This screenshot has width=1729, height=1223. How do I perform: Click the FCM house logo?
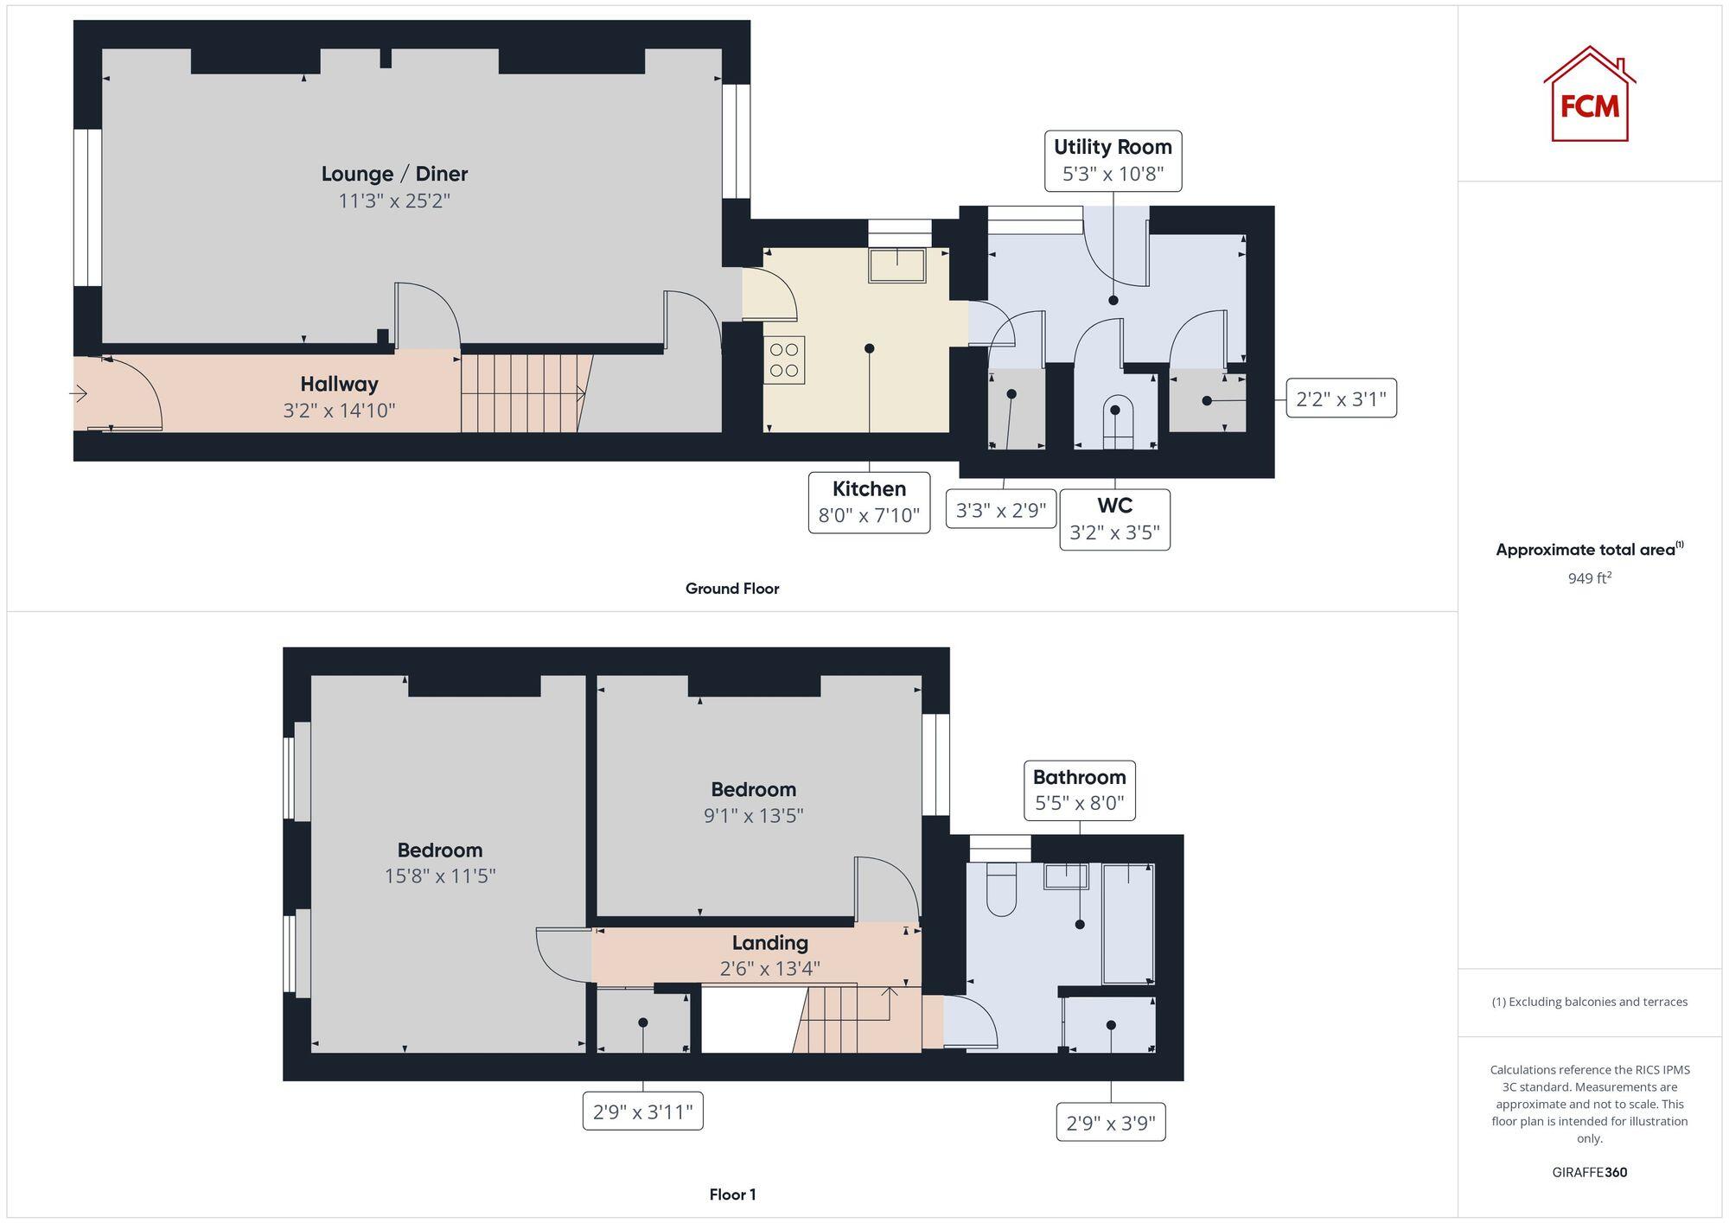[x=1589, y=95]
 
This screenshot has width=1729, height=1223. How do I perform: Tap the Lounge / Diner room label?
[x=394, y=174]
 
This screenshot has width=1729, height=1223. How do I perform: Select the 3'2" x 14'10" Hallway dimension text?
[x=339, y=411]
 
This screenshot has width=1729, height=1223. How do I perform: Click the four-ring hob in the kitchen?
[x=784, y=360]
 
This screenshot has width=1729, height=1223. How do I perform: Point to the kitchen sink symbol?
[x=897, y=264]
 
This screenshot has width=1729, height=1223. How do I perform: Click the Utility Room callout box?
[x=1113, y=161]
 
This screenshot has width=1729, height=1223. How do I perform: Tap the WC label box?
[x=1114, y=519]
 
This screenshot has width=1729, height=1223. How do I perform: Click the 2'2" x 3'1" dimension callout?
[x=1341, y=398]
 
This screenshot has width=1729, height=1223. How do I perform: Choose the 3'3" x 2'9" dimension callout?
[x=1001, y=510]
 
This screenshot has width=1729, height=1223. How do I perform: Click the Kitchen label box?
[x=869, y=502]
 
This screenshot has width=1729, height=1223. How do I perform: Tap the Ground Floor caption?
[x=732, y=589]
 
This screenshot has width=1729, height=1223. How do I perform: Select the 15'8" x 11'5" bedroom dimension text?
[x=440, y=876]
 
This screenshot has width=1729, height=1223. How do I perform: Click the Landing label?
[x=769, y=943]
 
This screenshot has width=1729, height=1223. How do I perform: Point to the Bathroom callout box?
[x=1079, y=790]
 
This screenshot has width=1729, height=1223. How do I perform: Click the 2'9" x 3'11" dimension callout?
[x=642, y=1112]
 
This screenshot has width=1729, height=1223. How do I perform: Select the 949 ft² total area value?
[x=1589, y=578]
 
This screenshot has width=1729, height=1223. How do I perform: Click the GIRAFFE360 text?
[x=1589, y=1173]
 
